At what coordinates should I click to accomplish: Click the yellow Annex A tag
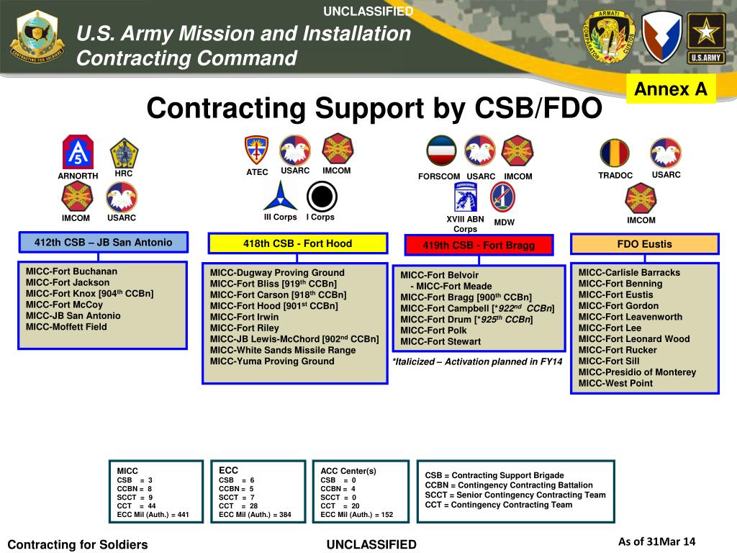(x=672, y=89)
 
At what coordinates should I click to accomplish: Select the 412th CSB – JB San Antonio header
(x=103, y=243)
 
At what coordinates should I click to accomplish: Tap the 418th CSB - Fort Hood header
(x=297, y=244)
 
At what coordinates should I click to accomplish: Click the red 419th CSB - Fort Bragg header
(x=479, y=246)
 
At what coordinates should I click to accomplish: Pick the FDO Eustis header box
(x=644, y=244)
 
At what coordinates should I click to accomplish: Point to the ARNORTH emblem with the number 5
(x=77, y=152)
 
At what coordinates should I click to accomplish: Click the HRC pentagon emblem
(x=124, y=153)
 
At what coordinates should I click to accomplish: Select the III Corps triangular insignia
(x=280, y=195)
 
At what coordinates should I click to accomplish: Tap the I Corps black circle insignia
(x=320, y=195)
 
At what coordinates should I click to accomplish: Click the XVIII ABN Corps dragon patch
(x=465, y=197)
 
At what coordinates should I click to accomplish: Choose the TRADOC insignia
(x=615, y=153)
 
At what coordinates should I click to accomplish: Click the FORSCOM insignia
(x=440, y=151)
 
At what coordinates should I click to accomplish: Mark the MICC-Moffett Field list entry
(x=66, y=327)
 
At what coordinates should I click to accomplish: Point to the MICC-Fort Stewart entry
(x=440, y=341)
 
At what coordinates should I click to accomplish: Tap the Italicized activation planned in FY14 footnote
(x=477, y=361)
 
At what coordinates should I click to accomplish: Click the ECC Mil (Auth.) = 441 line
(x=153, y=515)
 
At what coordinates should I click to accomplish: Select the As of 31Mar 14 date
(x=656, y=542)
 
